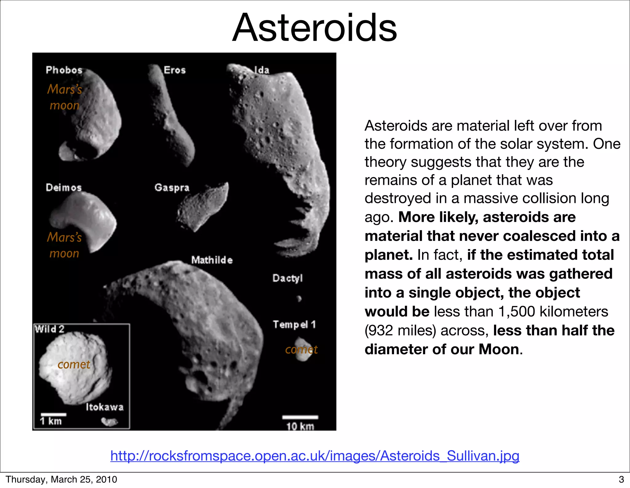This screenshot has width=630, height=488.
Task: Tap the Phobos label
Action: coord(64,70)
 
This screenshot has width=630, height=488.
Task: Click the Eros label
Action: coord(175,70)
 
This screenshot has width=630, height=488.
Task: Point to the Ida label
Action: coord(262,70)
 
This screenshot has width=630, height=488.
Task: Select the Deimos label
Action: coord(64,187)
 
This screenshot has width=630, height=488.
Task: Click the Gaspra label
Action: coord(172,188)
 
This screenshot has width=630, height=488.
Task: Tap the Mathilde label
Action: coord(212,260)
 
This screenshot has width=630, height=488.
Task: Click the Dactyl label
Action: coord(288,278)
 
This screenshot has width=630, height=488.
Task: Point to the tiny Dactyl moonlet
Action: coord(299,298)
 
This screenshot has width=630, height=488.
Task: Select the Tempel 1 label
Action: coord(294,324)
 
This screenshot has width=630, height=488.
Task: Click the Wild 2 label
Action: coord(49,329)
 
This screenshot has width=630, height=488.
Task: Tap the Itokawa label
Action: coord(105,407)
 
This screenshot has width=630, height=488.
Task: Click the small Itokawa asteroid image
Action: coord(110,422)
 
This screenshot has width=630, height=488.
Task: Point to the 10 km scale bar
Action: coord(300,417)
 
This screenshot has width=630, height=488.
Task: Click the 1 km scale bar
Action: coord(54,415)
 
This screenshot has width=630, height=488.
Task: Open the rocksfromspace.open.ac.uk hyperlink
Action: coord(315,456)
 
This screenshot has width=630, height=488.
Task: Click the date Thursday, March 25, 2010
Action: coord(61,479)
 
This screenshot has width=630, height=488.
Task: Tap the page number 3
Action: coord(621,479)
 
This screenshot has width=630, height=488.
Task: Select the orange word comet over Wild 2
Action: coord(74,364)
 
